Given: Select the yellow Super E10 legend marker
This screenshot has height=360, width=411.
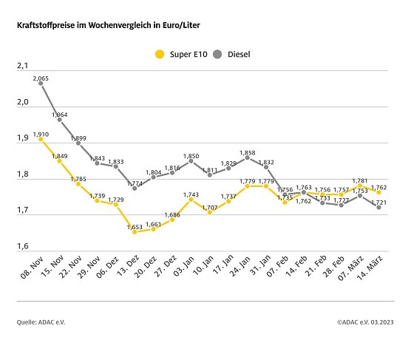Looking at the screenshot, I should coord(159,54).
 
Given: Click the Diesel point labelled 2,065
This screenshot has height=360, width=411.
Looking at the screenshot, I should coord(41,84).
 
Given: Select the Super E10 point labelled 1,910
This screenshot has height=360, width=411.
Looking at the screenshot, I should coord(41,139).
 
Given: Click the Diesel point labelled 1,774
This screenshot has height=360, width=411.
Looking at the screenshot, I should coord(135,189).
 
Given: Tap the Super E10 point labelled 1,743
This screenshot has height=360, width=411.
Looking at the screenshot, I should coord(191,200).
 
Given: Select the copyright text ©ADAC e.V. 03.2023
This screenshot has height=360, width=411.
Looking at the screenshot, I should coord(364,322).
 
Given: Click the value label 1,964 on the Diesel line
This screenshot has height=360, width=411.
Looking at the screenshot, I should coord(60,115).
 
